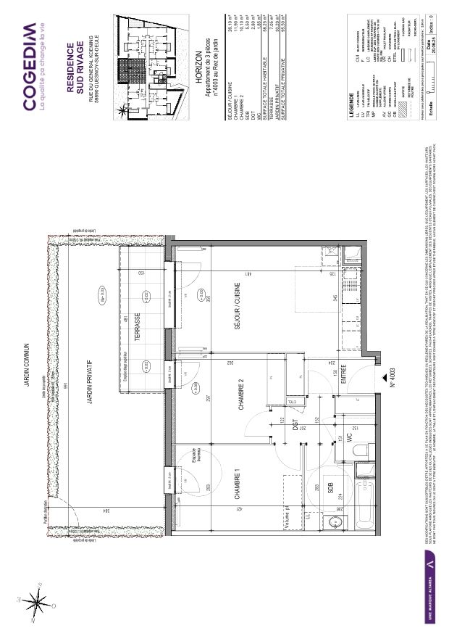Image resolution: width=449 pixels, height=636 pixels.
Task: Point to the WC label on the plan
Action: [x=348, y=439]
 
